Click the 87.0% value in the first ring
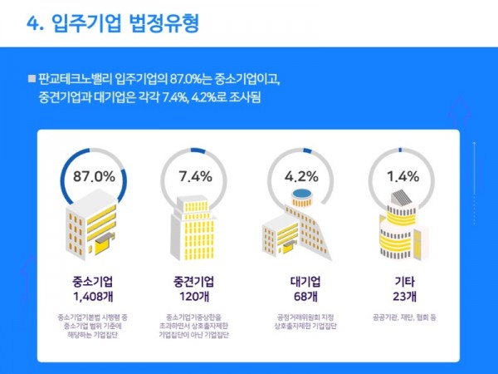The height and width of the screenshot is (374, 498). click(x=94, y=176)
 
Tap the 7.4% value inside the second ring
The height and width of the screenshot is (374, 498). click(x=196, y=176)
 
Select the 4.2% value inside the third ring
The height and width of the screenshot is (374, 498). click(x=301, y=176)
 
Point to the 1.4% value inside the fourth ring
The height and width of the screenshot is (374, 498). click(x=403, y=176)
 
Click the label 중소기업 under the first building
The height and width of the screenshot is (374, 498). click(x=94, y=280)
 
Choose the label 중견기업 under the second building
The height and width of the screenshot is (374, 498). click(x=196, y=280)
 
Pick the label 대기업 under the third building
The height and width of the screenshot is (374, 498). click(x=301, y=280)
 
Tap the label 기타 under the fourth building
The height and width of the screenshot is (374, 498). click(x=403, y=280)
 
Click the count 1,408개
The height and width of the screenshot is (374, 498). click(x=94, y=295)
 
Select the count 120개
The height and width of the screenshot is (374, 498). click(x=196, y=295)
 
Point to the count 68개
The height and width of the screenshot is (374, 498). click(x=301, y=295)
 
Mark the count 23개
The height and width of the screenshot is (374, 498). click(x=403, y=295)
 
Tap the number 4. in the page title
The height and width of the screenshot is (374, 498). click(x=36, y=23)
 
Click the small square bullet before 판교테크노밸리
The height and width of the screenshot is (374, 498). click(x=32, y=79)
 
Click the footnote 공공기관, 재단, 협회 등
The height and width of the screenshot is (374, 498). click(x=403, y=317)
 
